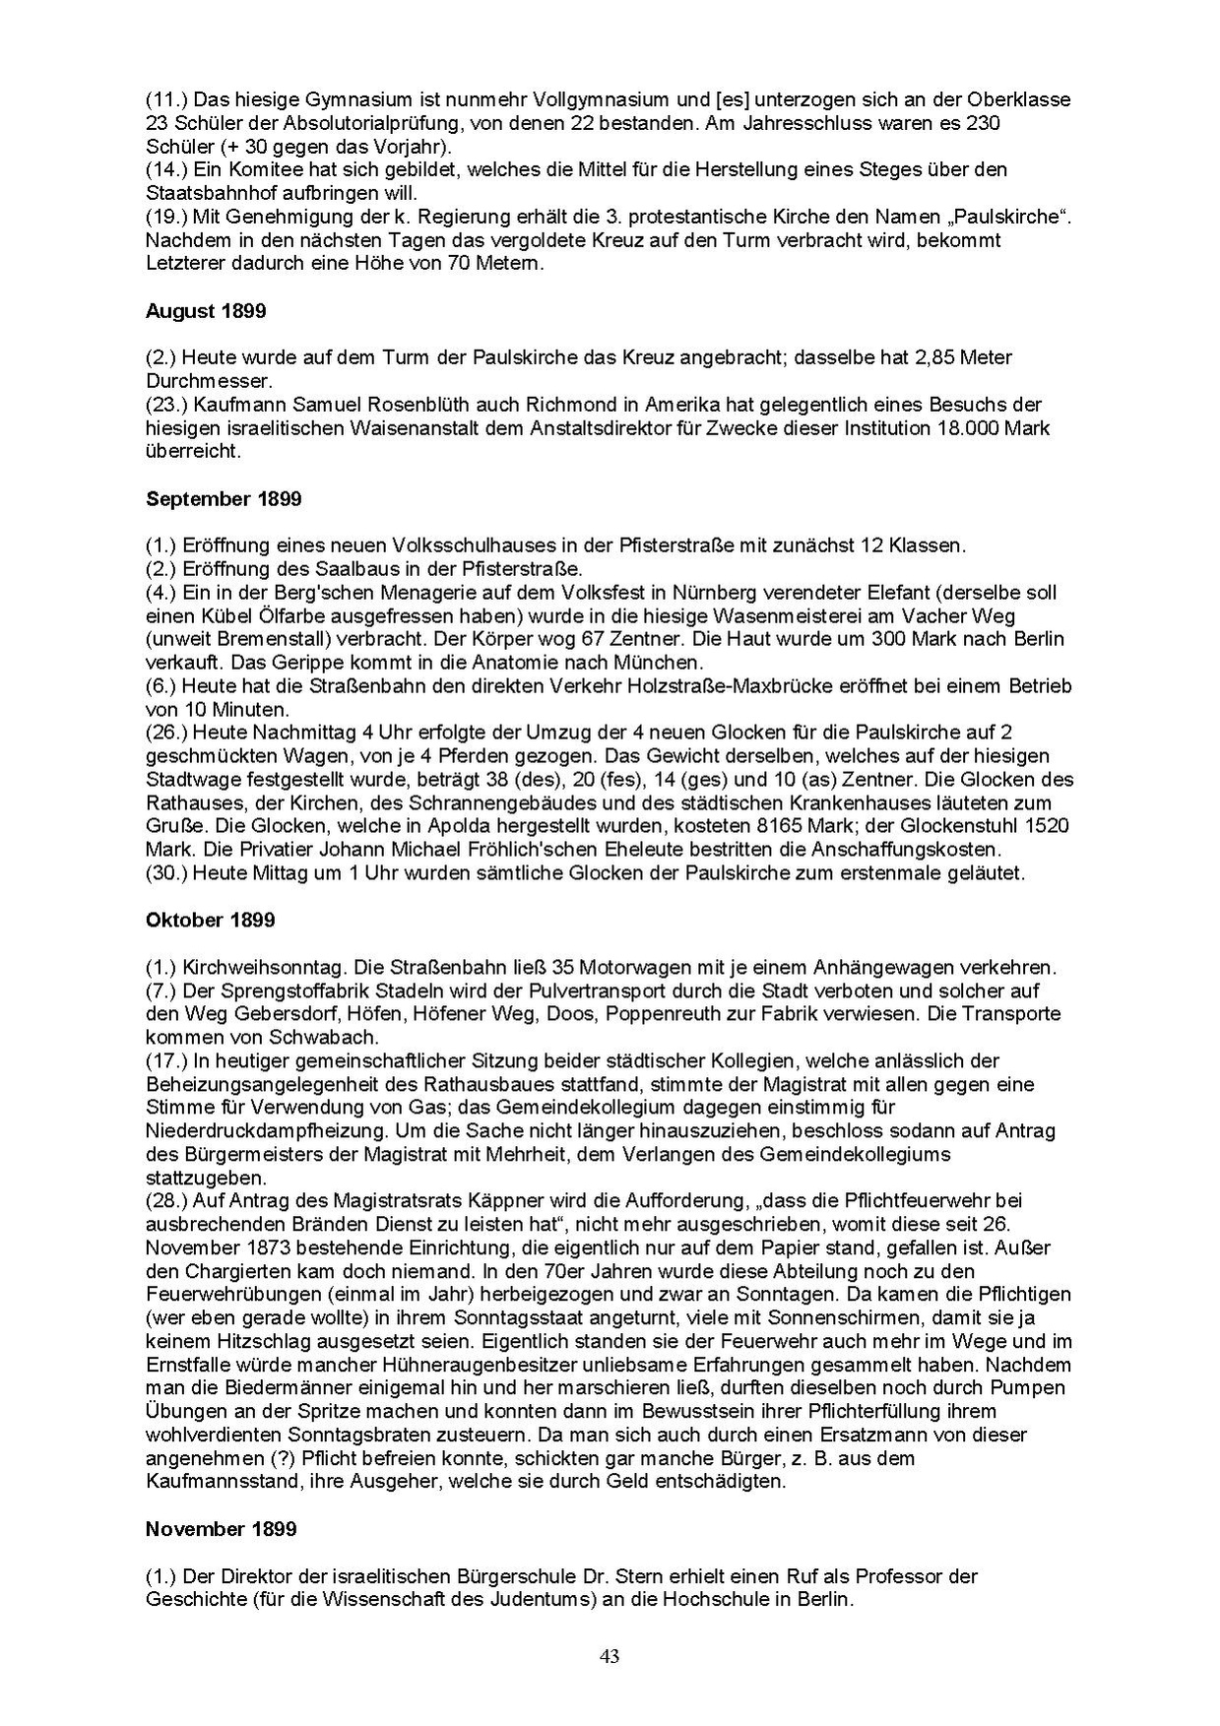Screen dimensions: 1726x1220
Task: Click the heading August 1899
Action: [205, 311]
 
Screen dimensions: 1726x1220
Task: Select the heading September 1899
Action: [224, 499]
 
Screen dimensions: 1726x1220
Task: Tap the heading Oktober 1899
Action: [210, 921]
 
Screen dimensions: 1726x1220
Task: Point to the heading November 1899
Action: [221, 1529]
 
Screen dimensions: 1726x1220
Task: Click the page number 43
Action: [610, 1656]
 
